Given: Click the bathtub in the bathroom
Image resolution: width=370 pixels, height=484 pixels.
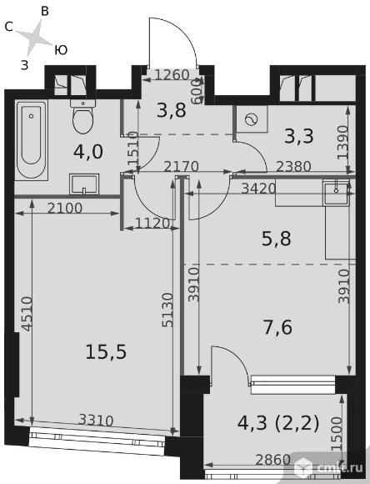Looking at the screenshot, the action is click(x=32, y=140).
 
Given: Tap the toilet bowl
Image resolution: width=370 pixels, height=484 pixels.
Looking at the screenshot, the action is click(x=82, y=117).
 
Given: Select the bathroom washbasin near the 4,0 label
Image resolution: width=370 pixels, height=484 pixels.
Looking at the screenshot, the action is click(x=84, y=184).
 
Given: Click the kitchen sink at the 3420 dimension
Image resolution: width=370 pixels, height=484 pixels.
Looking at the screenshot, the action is click(x=336, y=192).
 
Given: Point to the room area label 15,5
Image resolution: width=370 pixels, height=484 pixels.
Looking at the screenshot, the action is click(x=106, y=352).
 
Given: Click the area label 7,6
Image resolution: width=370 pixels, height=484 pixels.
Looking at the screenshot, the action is click(x=277, y=327).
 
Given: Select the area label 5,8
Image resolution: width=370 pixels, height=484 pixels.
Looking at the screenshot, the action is click(x=277, y=239).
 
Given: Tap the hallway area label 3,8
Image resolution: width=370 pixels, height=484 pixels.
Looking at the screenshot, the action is click(x=172, y=110).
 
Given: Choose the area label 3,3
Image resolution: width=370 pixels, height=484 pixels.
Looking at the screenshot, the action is click(x=299, y=136).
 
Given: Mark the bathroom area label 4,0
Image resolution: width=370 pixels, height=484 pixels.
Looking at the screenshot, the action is click(x=88, y=152).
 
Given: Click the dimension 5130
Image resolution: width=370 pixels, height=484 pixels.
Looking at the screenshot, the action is click(x=167, y=310).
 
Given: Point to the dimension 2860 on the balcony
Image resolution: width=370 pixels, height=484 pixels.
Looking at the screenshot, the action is click(x=273, y=460).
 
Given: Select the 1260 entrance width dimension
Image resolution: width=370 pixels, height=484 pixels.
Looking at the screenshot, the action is click(x=172, y=75).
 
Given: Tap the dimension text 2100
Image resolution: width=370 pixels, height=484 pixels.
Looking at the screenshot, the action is click(x=65, y=209).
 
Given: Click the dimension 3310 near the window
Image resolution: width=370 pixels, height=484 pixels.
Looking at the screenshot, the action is click(x=96, y=421).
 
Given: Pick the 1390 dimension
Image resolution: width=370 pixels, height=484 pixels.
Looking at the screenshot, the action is click(x=342, y=142).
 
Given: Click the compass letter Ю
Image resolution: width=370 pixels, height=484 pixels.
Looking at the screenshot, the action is click(x=61, y=50).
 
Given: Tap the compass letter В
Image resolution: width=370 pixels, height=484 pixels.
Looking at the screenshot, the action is click(x=45, y=12).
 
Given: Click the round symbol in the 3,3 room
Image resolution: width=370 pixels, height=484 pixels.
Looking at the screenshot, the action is click(x=252, y=119).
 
